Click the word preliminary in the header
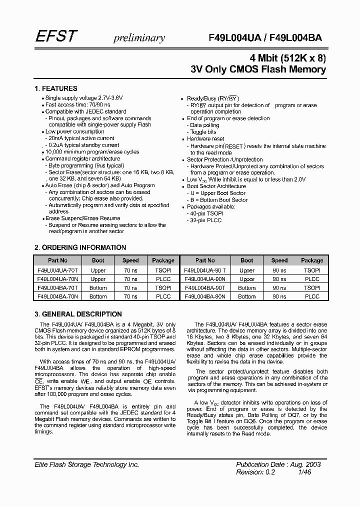pos(139,37)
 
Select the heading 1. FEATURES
pos(55,88)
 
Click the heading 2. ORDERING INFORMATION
pos(80,247)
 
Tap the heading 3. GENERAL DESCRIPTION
pos(77,314)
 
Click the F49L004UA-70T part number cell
pos(57,270)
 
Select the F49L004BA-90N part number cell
pos(204,296)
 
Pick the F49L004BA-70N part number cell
pos(57,296)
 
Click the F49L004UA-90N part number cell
pos(204,279)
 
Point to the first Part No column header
pos(57,260)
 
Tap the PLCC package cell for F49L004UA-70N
pos(163,279)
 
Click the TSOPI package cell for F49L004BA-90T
pos(312,288)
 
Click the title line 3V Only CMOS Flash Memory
pos(258,69)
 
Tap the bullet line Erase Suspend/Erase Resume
pos(82,218)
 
